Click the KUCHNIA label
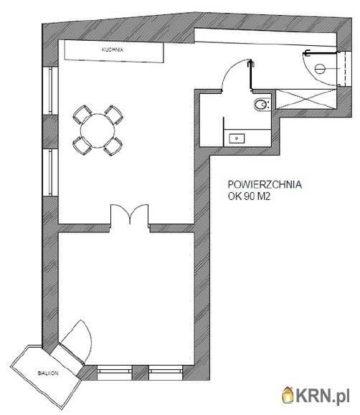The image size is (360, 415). coord(113,49)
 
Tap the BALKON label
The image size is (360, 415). coord(48,373)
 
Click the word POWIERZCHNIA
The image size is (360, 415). coord(265,184)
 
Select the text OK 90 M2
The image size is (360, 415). coord(249,196)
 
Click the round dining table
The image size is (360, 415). coord(98,130)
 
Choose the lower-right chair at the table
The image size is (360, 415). coord(113,146)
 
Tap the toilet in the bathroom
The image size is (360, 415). coord(262,104)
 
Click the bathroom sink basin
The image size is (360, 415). coord(237,138)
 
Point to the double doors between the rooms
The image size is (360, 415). coord(130,214)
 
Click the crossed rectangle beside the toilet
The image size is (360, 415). coord(306,99)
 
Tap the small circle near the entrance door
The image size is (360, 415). coord(320,69)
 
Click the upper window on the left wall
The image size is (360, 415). coord(50,90)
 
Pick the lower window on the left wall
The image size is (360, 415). coord(50,173)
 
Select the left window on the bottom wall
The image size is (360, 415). coord(115,373)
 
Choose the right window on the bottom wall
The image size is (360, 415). coord(166,373)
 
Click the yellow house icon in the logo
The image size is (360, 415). coord(288,395)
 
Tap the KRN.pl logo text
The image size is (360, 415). coord(323,396)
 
